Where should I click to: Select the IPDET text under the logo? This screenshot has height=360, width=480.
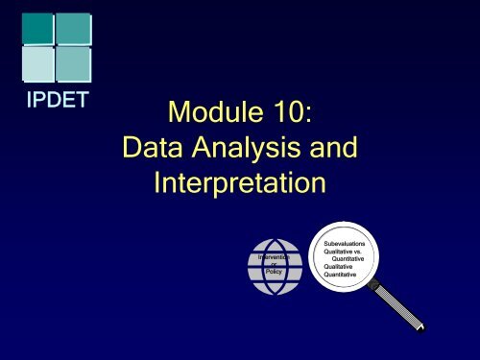(x=54, y=102)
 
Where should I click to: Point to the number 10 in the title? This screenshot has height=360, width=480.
(x=289, y=117)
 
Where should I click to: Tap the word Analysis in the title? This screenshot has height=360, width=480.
(x=251, y=150)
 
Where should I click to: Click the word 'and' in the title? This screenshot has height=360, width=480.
(x=330, y=149)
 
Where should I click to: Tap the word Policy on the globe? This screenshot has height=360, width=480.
(x=273, y=273)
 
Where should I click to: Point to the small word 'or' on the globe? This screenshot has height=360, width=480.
(x=273, y=264)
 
